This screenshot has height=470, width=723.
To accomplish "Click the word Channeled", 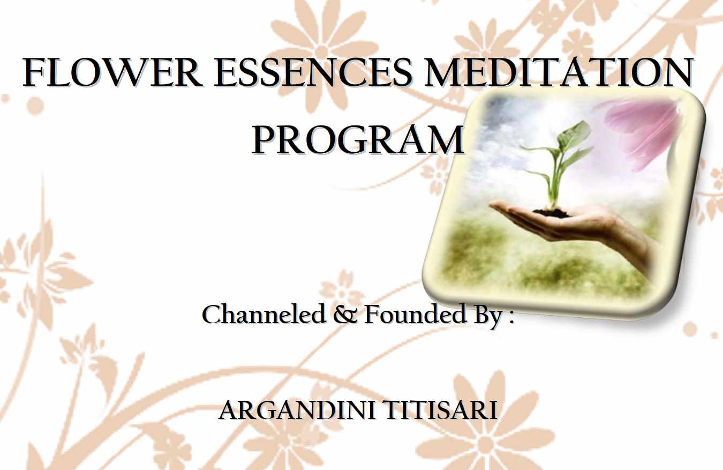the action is (263, 314).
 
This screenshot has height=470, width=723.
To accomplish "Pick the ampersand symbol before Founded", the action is (345, 316).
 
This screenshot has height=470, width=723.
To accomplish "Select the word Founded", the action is (415, 315).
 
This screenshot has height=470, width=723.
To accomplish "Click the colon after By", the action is (511, 318).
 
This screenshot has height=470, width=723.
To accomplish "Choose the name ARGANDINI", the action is (297, 410).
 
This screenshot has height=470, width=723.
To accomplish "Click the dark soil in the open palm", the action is (551, 212).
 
